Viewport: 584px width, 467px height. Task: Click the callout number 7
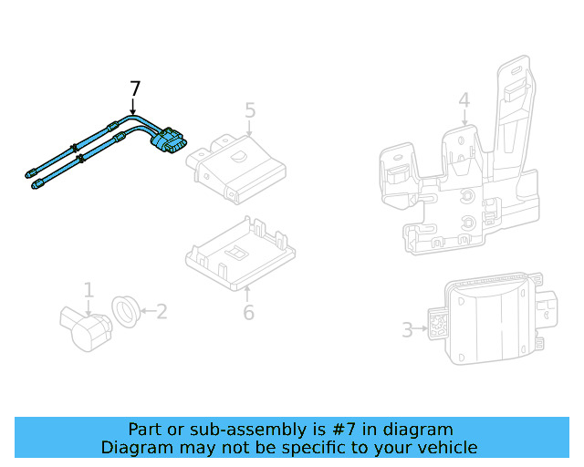(135, 89)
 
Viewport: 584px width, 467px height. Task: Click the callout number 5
(250, 111)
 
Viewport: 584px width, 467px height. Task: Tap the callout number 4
(464, 100)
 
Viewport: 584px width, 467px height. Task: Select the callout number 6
(248, 313)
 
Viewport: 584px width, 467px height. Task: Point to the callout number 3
(408, 329)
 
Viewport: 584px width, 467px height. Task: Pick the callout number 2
(162, 312)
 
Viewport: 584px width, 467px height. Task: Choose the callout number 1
(89, 291)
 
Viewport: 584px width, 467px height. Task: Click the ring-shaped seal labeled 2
(125, 311)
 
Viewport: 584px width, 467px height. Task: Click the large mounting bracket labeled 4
(456, 182)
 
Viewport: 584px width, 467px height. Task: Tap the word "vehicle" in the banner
(447, 448)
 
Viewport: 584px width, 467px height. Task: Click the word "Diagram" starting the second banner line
(137, 448)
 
